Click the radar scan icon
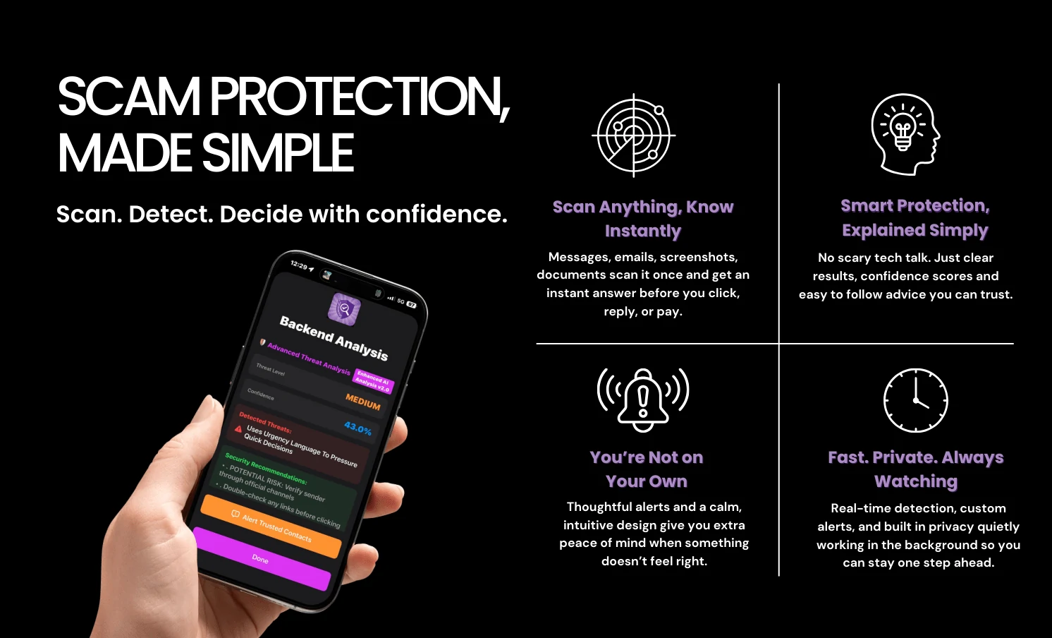tap(633, 135)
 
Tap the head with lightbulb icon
tap(905, 134)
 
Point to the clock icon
tap(915, 400)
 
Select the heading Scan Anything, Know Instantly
tap(643, 219)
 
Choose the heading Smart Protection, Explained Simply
tap(915, 217)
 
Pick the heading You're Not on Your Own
tap(647, 469)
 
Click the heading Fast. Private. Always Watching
tap(915, 469)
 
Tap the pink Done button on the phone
tap(261, 559)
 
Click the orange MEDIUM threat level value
tap(362, 402)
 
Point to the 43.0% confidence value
tap(357, 428)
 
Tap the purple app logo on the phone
tap(344, 308)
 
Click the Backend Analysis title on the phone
tap(334, 337)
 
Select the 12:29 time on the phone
tap(299, 265)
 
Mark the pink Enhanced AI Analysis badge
tap(372, 381)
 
